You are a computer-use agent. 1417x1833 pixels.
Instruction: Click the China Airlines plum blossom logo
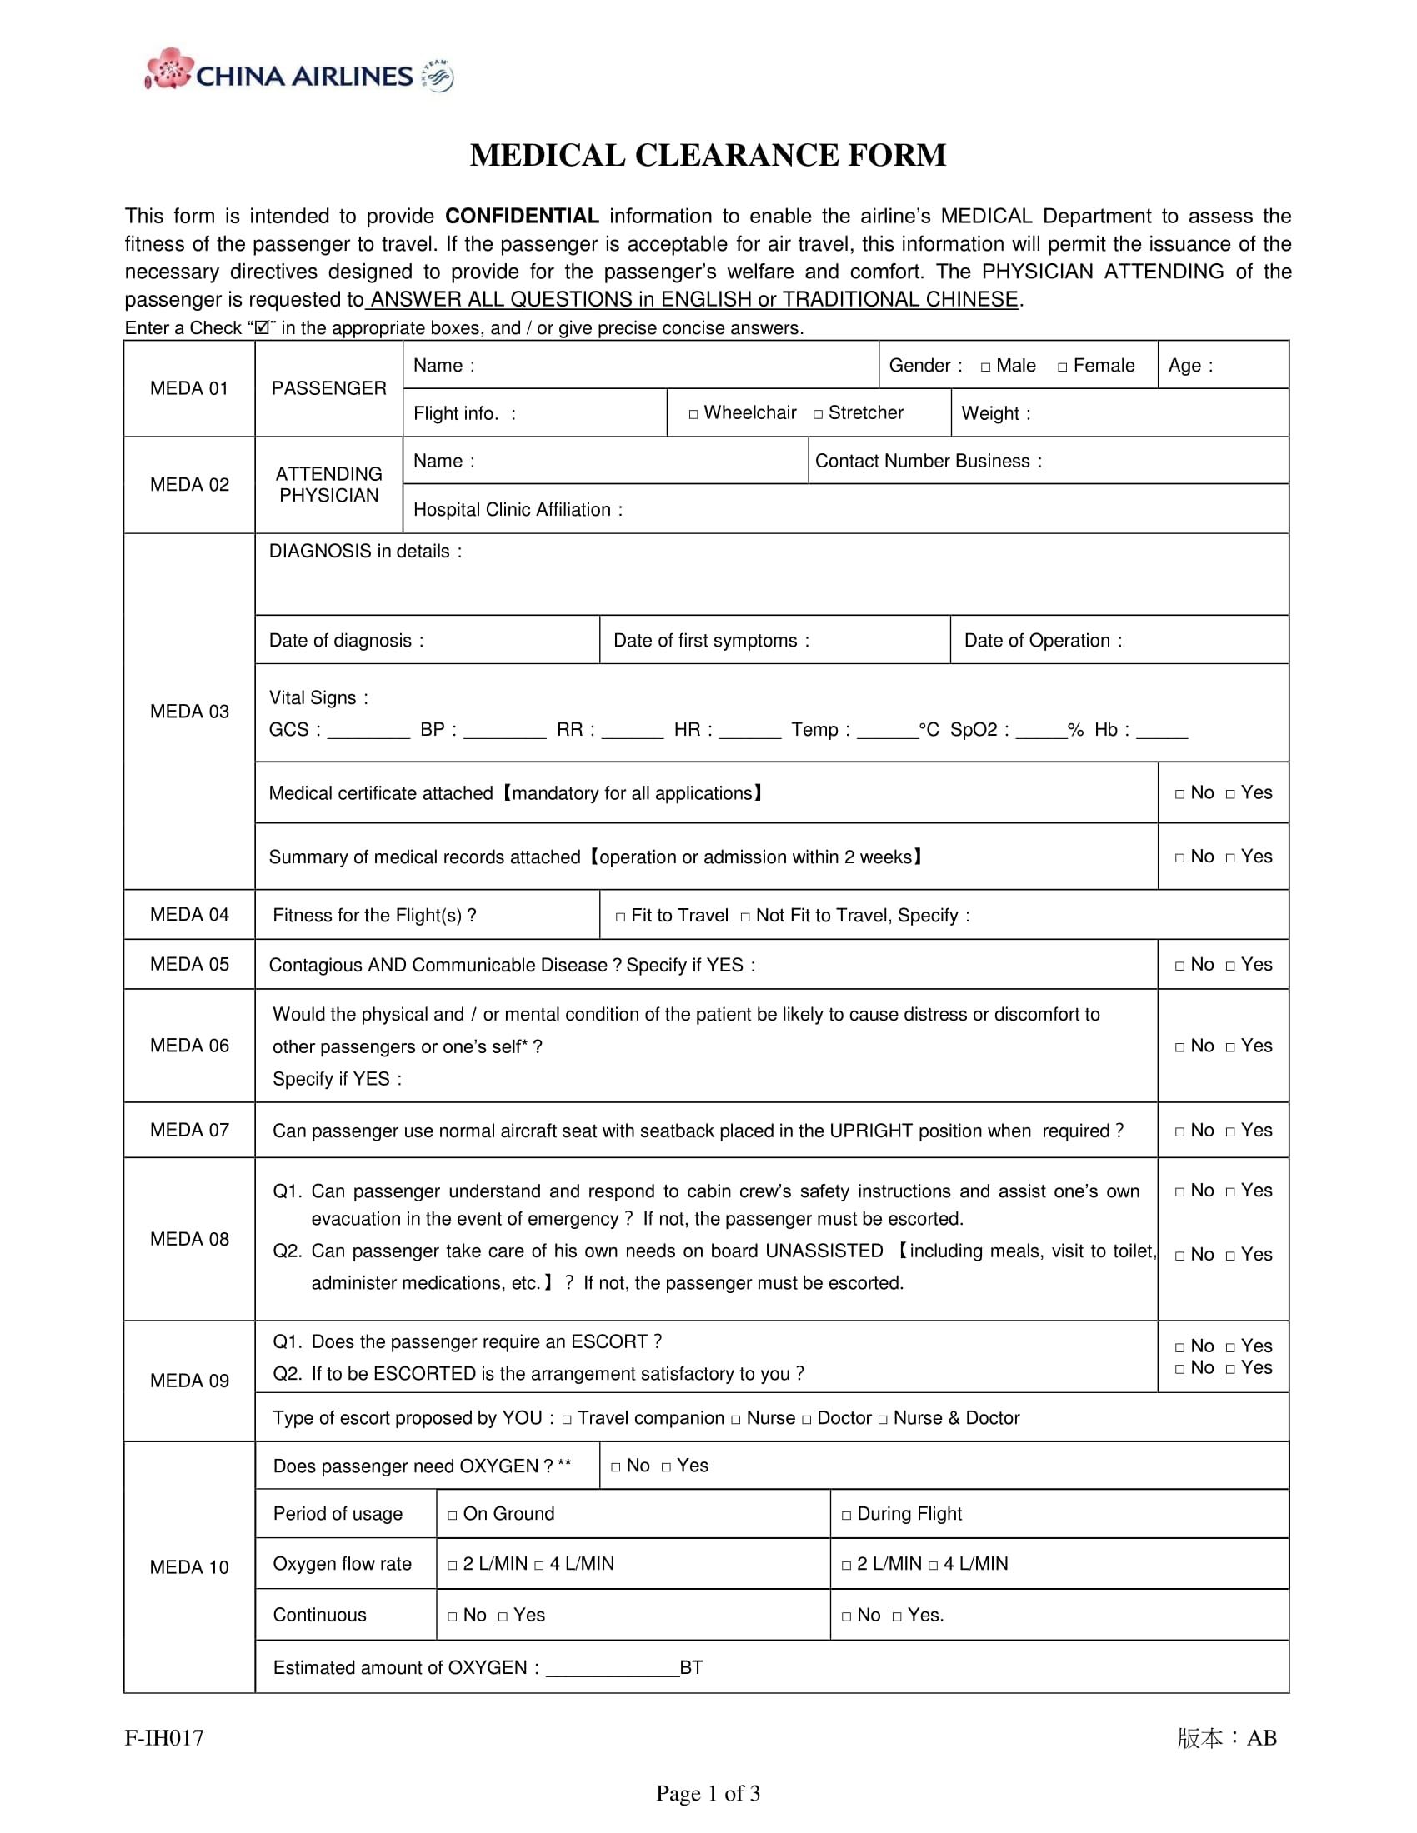pos(169,69)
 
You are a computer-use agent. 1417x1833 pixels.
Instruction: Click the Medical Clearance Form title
pos(708,156)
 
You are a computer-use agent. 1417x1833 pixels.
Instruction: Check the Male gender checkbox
pos(985,367)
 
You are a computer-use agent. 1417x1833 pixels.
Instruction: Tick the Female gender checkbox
pos(1063,367)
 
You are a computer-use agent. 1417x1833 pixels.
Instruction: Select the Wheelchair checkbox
pos(693,415)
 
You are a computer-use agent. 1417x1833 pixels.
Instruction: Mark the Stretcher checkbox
pos(818,415)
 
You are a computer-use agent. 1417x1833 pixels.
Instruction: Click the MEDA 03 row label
pos(189,712)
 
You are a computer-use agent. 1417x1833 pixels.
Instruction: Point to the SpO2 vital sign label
pos(978,729)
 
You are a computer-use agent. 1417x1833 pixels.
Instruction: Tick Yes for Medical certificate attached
pos(1230,794)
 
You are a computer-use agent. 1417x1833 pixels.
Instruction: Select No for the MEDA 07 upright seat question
pos(1180,1131)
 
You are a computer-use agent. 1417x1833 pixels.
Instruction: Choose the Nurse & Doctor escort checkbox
pos(882,1419)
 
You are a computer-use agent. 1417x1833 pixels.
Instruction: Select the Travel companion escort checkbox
pos(567,1419)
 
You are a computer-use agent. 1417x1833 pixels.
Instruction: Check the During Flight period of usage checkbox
pos(846,1515)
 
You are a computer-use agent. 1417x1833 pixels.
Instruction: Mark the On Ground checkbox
pos(453,1515)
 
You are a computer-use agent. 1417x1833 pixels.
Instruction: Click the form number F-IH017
pos(164,1737)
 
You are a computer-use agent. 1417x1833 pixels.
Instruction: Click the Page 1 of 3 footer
pos(708,1794)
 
